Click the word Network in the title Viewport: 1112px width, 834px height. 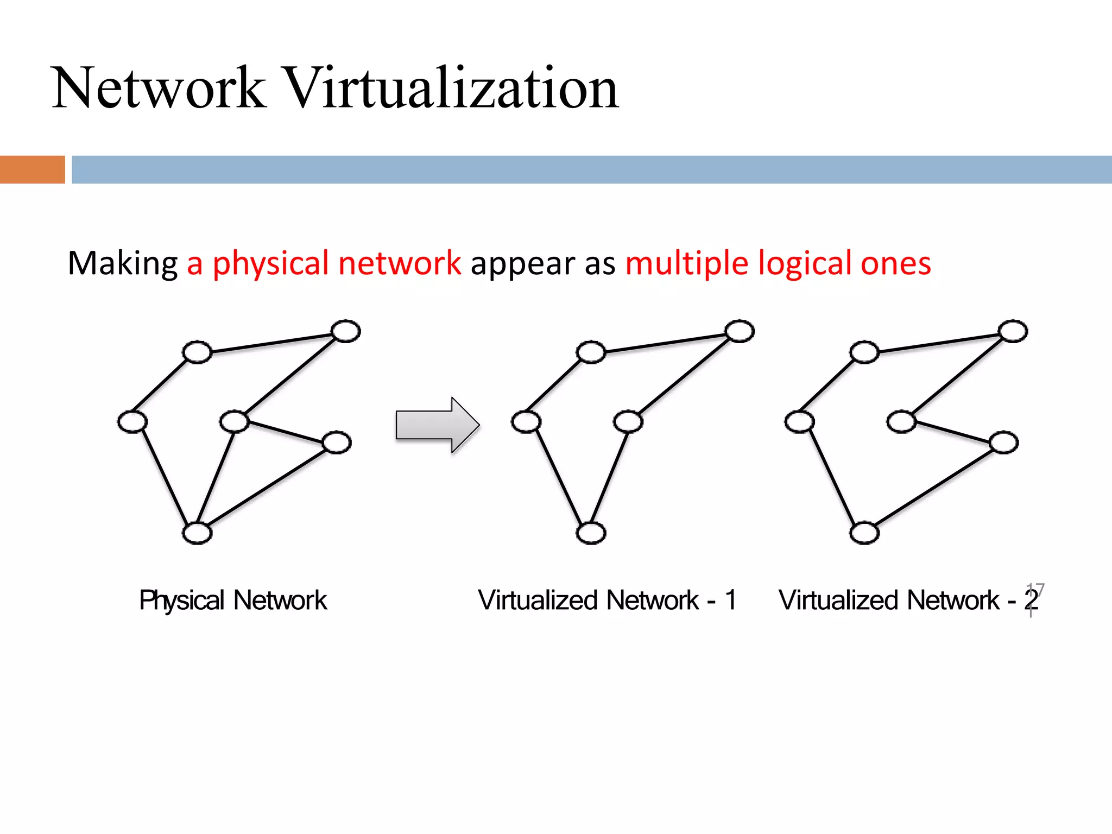(x=159, y=88)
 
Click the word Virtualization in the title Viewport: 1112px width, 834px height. (x=451, y=88)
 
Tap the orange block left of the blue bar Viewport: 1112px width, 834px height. (x=32, y=169)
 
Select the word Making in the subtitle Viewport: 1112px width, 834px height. (x=123, y=264)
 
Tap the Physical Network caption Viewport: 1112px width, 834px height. (x=233, y=601)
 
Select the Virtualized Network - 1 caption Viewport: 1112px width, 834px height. (x=607, y=601)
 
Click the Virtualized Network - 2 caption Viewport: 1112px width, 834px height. (x=908, y=601)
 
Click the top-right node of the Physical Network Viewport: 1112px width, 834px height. (x=346, y=331)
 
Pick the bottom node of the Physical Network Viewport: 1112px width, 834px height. (x=197, y=533)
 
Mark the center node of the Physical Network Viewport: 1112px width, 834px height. (x=235, y=421)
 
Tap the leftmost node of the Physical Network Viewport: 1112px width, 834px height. (x=132, y=422)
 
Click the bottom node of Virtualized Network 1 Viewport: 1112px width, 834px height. (x=591, y=533)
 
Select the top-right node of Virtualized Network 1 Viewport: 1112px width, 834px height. (x=740, y=331)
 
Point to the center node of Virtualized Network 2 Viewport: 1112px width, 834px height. (x=901, y=421)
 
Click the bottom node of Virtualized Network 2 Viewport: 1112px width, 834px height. (x=864, y=533)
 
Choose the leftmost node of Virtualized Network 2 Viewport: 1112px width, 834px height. (x=800, y=422)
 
